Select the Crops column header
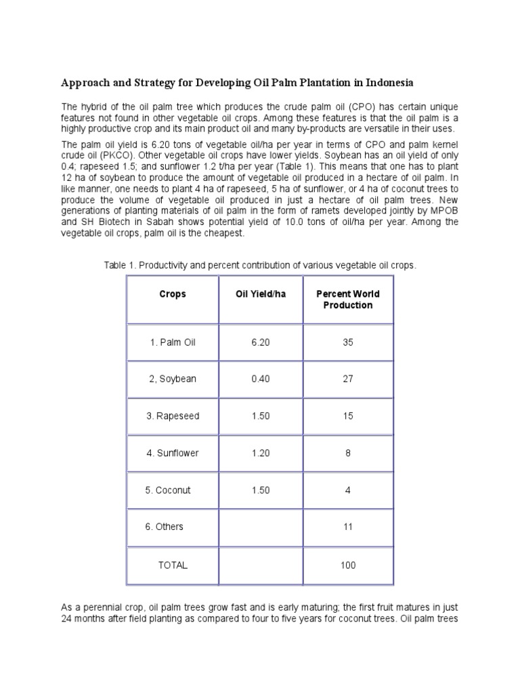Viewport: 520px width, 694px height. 172,294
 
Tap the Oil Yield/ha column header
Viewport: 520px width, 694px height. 260,294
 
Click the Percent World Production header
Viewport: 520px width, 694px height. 348,300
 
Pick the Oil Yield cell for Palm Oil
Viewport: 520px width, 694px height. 260,342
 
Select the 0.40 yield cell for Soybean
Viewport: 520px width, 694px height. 260,379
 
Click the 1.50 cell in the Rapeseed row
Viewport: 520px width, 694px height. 260,416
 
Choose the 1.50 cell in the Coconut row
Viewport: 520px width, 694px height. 260,490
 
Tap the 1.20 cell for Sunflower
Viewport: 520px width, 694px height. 260,453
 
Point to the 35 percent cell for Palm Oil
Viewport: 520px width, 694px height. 348,342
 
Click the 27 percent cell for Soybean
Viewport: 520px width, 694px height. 348,379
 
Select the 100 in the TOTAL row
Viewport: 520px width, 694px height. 348,565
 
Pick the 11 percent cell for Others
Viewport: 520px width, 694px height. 348,527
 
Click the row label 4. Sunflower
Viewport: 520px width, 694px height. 172,453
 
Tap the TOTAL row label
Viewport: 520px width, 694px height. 172,565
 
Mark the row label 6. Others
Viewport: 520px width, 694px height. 165,527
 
